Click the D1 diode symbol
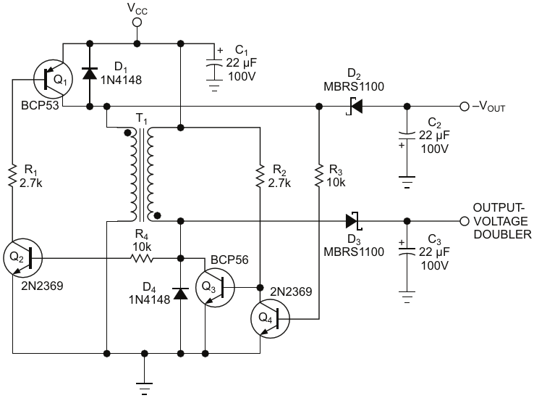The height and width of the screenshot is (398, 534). [x=90, y=73]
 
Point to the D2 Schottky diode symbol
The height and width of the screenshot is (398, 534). [x=355, y=106]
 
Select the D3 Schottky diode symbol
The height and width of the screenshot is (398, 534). [x=354, y=221]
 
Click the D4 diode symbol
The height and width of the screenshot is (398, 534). [x=181, y=294]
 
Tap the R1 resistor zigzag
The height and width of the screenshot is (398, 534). [x=12, y=175]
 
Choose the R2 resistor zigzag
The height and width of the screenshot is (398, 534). [x=260, y=175]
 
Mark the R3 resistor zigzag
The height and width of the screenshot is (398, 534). [x=319, y=175]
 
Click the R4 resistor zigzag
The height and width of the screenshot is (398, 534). [x=142, y=258]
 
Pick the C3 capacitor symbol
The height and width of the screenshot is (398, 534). [x=407, y=252]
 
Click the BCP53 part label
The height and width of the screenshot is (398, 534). [x=40, y=105]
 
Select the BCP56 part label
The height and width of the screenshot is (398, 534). [x=229, y=260]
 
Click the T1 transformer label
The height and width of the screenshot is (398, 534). [x=142, y=119]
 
